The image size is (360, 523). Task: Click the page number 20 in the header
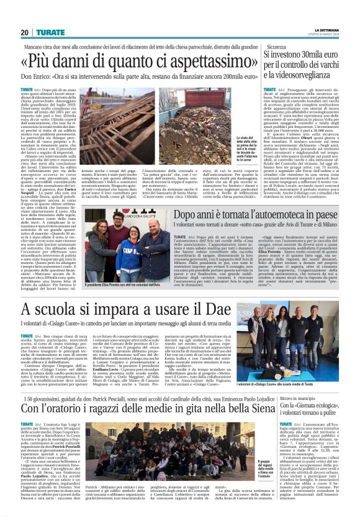pos(24,32)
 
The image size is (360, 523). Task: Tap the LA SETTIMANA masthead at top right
pos(335,29)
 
